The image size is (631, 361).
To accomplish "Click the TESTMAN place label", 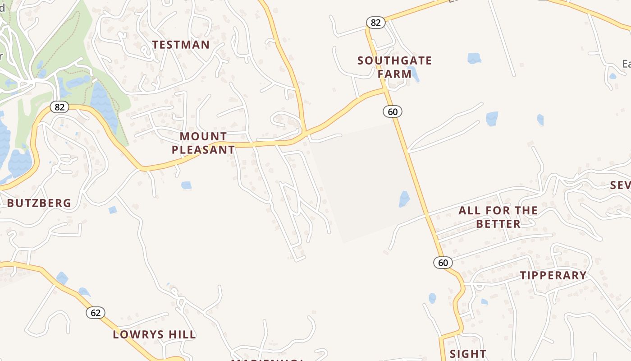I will (x=181, y=45).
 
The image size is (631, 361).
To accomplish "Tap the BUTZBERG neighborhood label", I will (x=39, y=203).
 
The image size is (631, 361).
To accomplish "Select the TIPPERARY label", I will (x=553, y=275).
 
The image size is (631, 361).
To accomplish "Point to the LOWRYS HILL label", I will (x=154, y=334).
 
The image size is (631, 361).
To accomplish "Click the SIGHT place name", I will (x=468, y=354).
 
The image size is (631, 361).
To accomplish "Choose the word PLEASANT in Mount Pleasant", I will (x=203, y=150).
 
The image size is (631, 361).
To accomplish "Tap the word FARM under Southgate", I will (x=395, y=74).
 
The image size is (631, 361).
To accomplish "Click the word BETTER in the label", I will (x=498, y=224).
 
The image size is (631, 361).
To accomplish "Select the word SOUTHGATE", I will (x=395, y=60).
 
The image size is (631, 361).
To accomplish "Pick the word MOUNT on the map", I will (x=203, y=136).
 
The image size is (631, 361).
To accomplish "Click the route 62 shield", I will (x=96, y=313).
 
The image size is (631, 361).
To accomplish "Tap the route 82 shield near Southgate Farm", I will (x=375, y=23).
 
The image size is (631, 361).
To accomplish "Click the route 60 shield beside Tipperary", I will (x=443, y=263).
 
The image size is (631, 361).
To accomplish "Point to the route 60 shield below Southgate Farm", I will (x=393, y=111).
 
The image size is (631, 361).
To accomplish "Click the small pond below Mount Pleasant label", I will (x=186, y=185).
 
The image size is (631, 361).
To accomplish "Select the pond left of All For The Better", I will (x=404, y=199).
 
